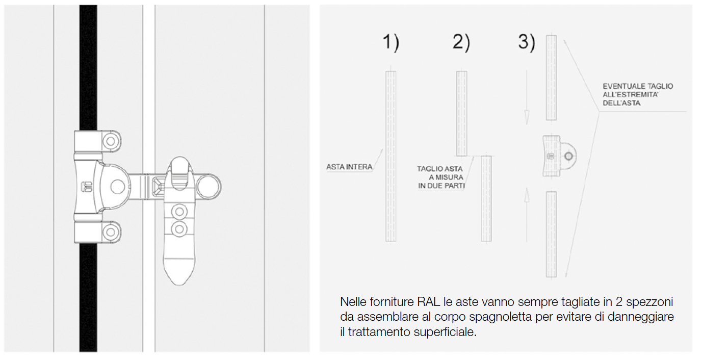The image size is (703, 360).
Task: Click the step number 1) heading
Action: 391,42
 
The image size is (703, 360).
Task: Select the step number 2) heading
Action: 461,42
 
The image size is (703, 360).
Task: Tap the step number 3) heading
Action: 527,42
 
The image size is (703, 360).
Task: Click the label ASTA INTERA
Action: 349,167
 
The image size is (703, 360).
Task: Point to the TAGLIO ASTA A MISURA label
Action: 440,177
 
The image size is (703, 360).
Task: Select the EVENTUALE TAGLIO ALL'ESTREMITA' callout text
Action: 638,94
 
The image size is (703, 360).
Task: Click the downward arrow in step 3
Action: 527,97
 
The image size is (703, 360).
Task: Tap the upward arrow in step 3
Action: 527,215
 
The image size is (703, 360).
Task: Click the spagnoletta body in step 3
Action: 559,156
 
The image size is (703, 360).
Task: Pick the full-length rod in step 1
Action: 390,156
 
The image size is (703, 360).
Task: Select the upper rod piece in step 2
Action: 461,113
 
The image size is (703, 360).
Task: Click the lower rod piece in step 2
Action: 486,199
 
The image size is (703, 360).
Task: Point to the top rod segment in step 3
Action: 552,78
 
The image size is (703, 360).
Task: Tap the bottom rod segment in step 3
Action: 552,235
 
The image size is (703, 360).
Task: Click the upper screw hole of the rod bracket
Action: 111,141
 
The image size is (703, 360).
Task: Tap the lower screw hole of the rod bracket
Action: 111,232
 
